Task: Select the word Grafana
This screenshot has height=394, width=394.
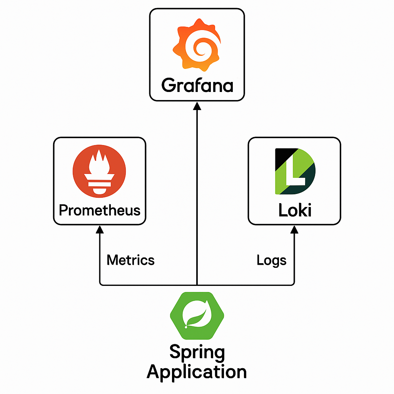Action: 197,85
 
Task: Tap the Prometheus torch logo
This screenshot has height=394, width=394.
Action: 99,172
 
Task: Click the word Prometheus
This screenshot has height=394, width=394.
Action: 100,210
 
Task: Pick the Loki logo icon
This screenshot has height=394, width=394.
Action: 295,171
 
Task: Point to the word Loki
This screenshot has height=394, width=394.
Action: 295,210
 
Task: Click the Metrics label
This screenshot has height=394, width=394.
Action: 130,260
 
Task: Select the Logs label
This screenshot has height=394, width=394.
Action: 271,260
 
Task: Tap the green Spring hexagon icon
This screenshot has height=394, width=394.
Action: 197,316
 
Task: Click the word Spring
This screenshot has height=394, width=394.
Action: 197,352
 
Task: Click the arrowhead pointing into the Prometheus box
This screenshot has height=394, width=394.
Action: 100,229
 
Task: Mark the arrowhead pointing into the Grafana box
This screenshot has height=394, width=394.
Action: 197,105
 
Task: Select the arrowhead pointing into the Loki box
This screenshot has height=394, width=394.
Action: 294,229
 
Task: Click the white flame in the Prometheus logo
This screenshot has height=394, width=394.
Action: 99,163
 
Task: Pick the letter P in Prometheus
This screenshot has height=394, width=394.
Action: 63,210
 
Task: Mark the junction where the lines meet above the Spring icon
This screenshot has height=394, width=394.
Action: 197,285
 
